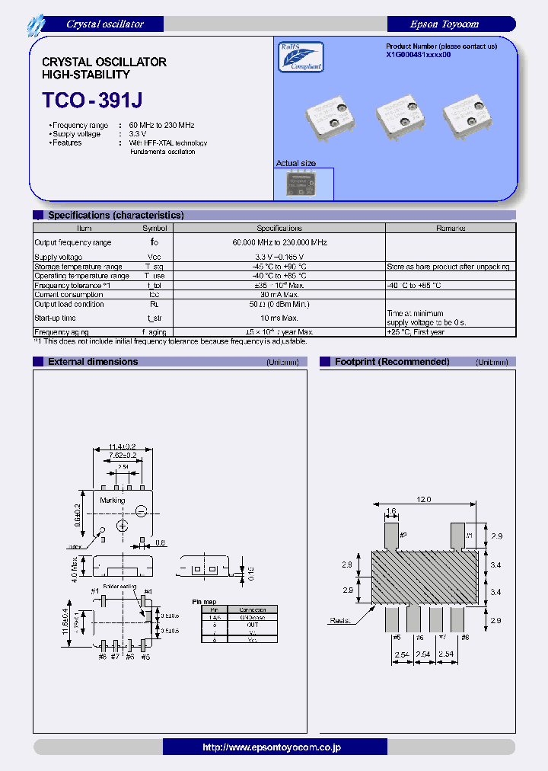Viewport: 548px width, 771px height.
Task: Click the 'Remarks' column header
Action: pos(450,228)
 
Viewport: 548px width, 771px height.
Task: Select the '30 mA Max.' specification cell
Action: pos(279,295)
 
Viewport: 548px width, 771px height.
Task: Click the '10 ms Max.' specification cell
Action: pos(279,318)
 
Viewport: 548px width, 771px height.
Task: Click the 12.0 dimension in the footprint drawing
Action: pos(423,500)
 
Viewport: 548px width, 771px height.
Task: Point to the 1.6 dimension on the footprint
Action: pos(391,512)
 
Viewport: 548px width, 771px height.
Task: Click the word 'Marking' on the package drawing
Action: pos(113,501)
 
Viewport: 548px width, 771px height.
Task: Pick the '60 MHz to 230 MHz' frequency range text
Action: pos(161,124)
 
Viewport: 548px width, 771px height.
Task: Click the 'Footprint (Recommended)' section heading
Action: pos(392,362)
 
